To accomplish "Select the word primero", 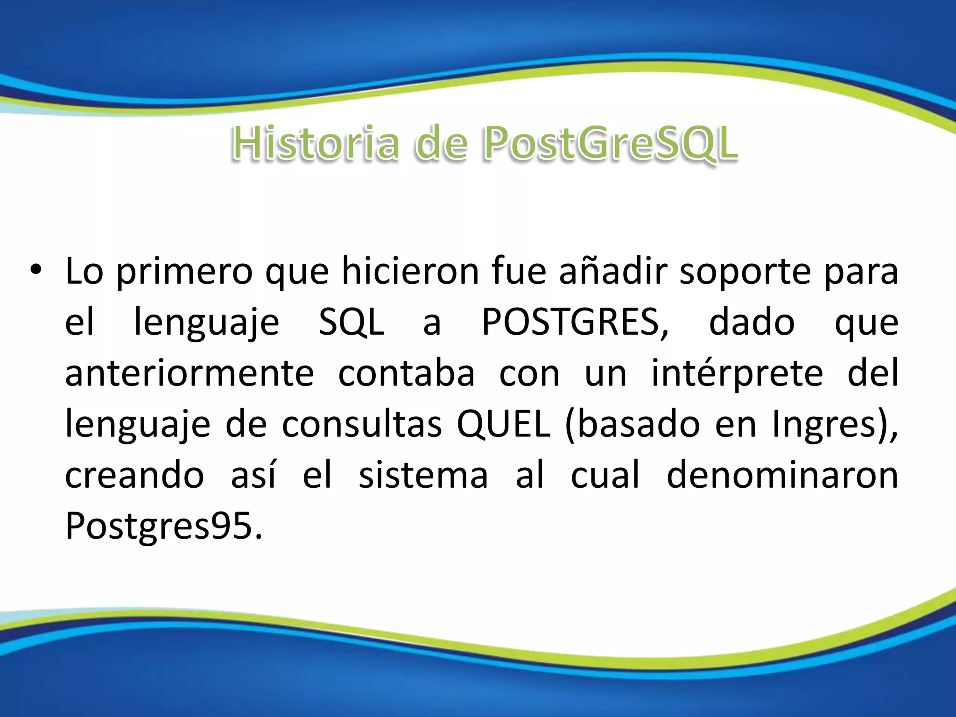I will click(x=184, y=272).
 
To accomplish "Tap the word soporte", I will click(x=745, y=272).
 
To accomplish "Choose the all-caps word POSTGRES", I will click(x=574, y=322).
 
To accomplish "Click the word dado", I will click(x=752, y=322).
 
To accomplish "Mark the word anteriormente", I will click(x=190, y=373).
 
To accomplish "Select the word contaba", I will click(x=406, y=373).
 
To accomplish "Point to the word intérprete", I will click(x=737, y=373).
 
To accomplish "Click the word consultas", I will click(x=362, y=424).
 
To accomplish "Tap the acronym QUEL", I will click(x=503, y=424).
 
